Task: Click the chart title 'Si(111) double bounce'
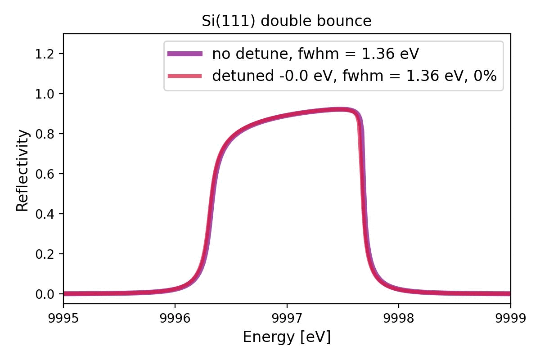click(287, 21)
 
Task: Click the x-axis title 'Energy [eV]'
click(287, 337)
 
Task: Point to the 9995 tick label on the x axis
click(63, 318)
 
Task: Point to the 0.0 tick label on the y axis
click(45, 294)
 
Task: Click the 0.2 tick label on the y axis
click(45, 254)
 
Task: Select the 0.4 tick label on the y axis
click(45, 214)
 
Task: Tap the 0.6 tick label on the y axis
click(45, 174)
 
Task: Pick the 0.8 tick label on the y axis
click(45, 134)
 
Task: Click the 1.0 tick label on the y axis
click(45, 94)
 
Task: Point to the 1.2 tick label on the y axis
click(45, 54)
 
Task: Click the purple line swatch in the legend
click(185, 54)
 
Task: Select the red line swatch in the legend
click(185, 76)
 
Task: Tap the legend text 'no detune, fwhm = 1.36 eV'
click(315, 54)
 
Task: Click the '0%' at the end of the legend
click(486, 76)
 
